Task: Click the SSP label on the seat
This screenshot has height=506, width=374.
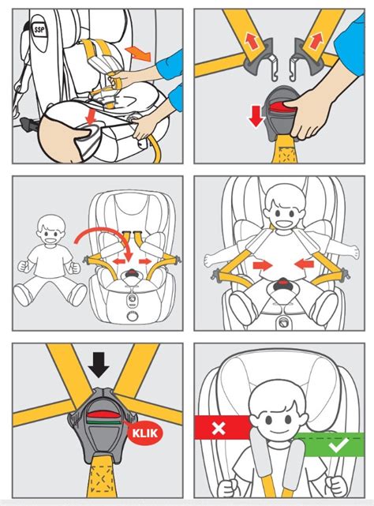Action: click(x=39, y=31)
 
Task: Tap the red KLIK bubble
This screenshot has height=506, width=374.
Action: click(x=145, y=433)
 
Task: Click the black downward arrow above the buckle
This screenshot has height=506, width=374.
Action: click(x=99, y=365)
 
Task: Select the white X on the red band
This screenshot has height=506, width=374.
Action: click(x=219, y=428)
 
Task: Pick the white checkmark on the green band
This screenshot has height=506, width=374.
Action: click(x=338, y=444)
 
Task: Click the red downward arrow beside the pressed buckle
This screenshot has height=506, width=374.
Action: click(x=256, y=116)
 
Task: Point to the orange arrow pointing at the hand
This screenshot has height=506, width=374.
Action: click(x=138, y=53)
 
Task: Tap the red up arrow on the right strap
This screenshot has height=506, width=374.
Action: click(x=316, y=41)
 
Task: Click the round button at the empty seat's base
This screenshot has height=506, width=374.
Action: click(x=133, y=315)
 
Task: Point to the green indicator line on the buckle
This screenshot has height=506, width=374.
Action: click(x=103, y=421)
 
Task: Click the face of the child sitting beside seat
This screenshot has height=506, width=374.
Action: click(x=50, y=233)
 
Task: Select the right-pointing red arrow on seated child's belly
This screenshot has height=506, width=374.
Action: click(x=263, y=265)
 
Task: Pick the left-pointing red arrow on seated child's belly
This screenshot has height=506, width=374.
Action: click(x=304, y=264)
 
